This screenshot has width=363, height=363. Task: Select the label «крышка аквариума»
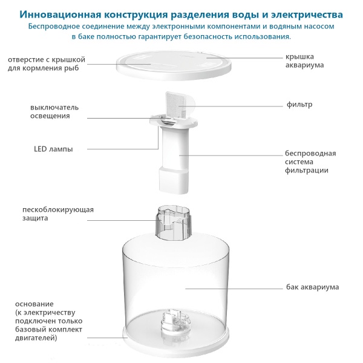click(306, 60)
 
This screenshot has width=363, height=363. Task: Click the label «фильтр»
click(299, 105)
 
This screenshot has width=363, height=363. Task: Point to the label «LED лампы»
click(53, 149)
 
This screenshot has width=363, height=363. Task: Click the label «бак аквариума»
click(312, 287)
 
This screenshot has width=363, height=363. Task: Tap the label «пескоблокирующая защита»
click(57, 214)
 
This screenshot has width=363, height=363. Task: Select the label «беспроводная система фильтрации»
click(309, 162)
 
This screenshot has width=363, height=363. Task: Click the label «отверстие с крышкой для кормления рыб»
click(47, 64)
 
